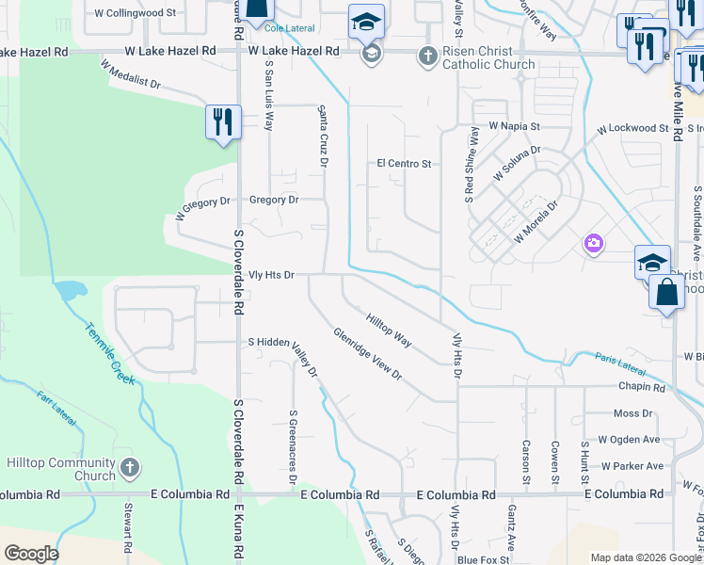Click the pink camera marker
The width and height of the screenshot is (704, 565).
(593, 244)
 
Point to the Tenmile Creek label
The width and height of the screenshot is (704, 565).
(112, 353)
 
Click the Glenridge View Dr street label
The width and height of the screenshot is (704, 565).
(367, 354)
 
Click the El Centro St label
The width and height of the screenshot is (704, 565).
(404, 164)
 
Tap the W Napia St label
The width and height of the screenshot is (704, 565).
(513, 125)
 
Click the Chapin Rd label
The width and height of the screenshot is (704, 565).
(642, 387)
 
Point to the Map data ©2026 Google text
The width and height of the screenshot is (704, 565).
(645, 557)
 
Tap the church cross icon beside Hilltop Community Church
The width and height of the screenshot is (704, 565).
(130, 467)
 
